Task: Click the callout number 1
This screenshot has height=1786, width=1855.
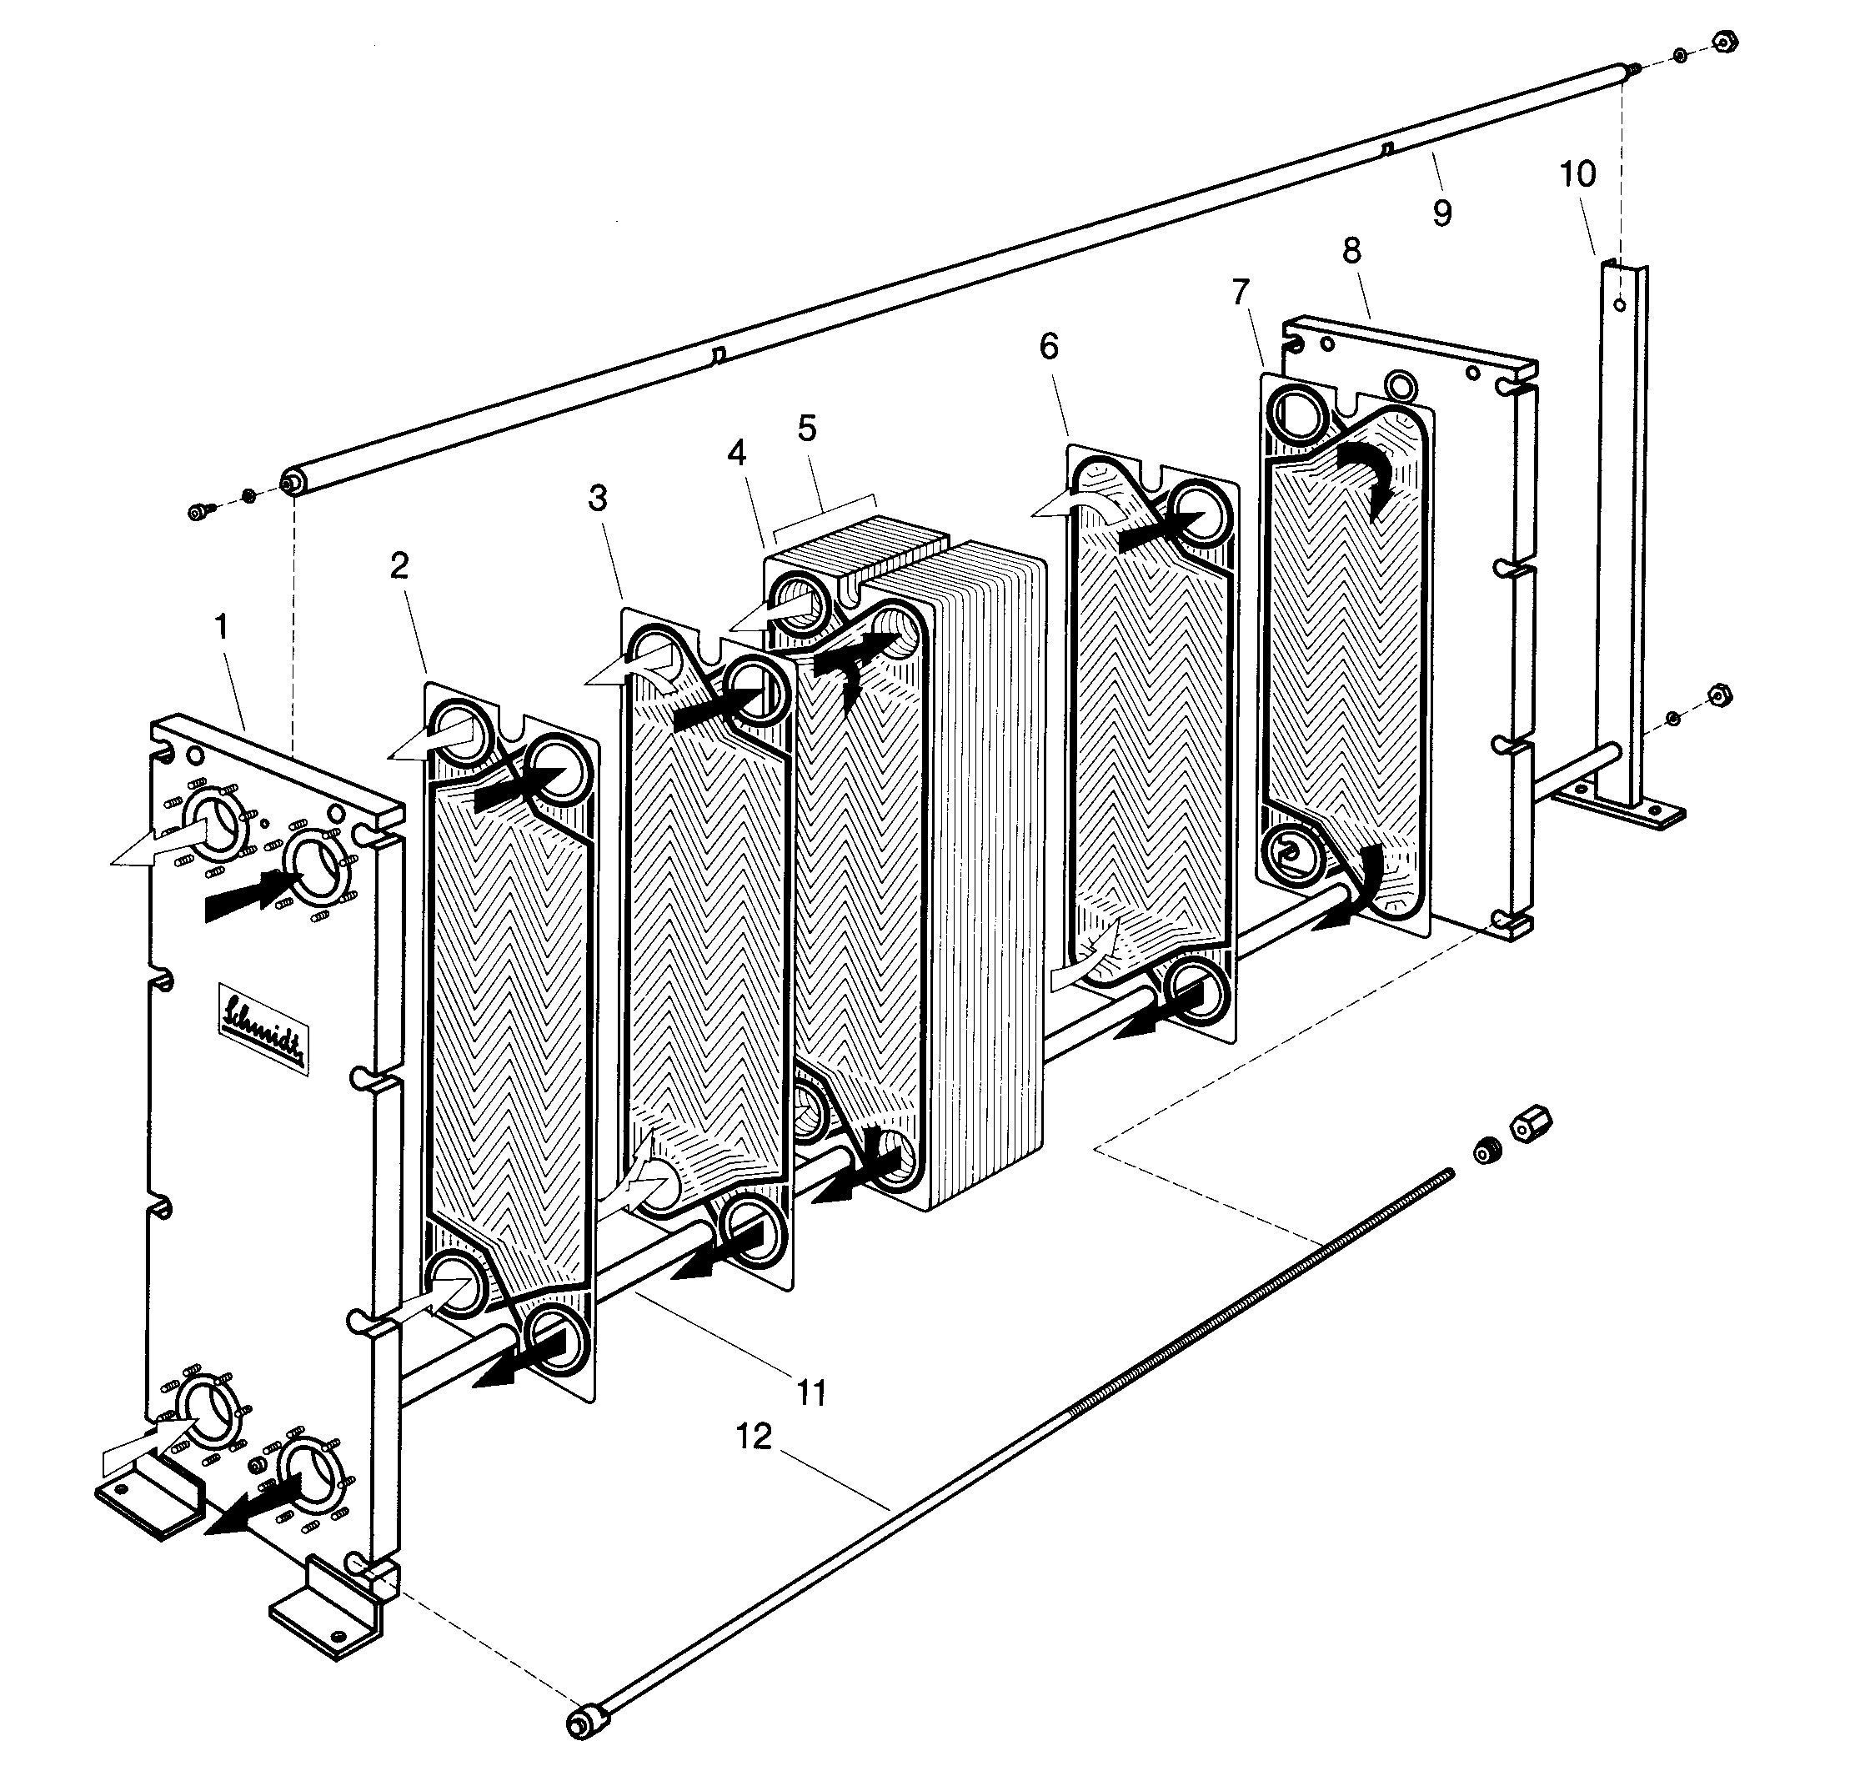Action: pyautogui.click(x=221, y=626)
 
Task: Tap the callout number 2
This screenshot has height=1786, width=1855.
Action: pyautogui.click(x=399, y=565)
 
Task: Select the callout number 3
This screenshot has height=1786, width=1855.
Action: pyautogui.click(x=596, y=498)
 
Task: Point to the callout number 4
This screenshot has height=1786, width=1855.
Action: pyautogui.click(x=736, y=453)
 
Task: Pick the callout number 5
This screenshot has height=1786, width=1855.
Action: pyautogui.click(x=806, y=429)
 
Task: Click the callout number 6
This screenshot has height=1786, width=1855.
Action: pyautogui.click(x=1049, y=346)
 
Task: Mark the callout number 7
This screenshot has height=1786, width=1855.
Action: pyautogui.click(x=1241, y=293)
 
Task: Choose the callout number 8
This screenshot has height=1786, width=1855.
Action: pyautogui.click(x=1351, y=250)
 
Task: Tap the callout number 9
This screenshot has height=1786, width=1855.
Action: pyautogui.click(x=1441, y=213)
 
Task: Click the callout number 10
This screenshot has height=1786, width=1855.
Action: pyautogui.click(x=1577, y=173)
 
